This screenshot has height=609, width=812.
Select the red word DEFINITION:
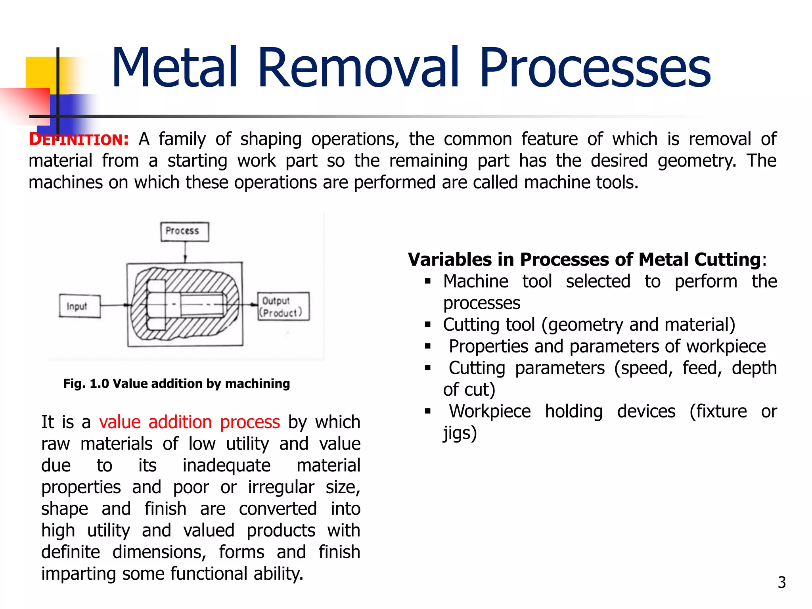pos(79,140)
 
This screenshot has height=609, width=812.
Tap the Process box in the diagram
pos(184,232)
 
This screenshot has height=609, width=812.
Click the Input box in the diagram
pos(79,306)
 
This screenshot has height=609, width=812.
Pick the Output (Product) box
pos(283,306)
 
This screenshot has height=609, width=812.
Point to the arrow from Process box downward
pos(185,252)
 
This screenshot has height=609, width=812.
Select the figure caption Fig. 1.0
pos(176,383)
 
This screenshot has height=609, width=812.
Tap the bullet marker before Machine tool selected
pos(427,282)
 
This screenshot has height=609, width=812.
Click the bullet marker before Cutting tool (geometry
pos(427,325)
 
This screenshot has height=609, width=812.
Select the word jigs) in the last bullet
pos(460,433)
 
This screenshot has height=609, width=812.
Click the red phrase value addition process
pos(189,422)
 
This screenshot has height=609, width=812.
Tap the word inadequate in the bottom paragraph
pos(226,465)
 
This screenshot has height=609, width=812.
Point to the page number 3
pos(781,582)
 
